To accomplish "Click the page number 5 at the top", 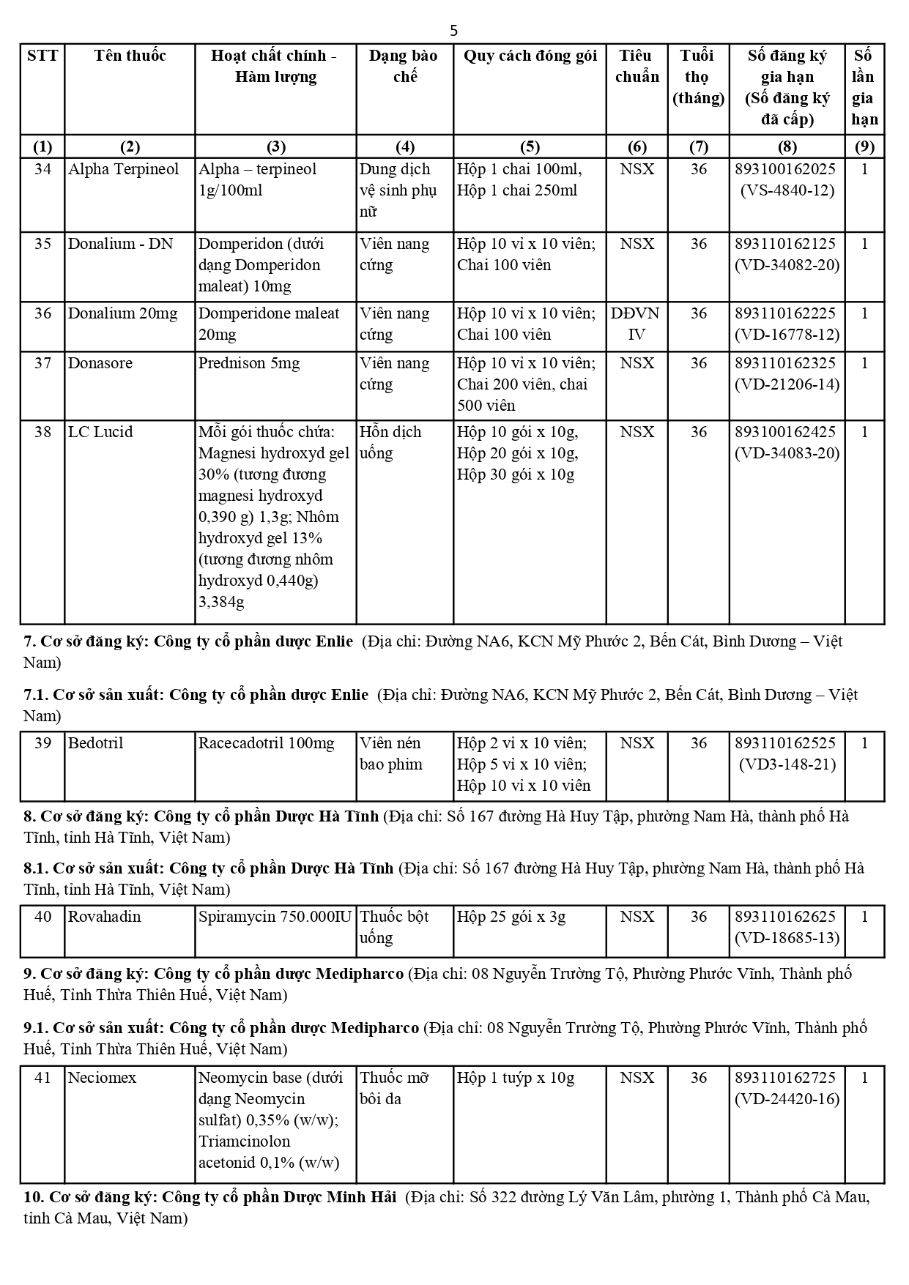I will [x=454, y=30].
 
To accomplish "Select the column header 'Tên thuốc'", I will [x=130, y=56].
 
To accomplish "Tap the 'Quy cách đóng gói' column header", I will [x=530, y=56].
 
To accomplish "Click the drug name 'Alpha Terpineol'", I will [x=123, y=169].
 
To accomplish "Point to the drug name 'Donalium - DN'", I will [x=120, y=244].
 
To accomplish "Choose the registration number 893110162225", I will [x=785, y=313].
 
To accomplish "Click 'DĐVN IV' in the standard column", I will [x=636, y=324].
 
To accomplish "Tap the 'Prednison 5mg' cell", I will [x=249, y=363].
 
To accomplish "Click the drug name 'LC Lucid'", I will [x=100, y=432].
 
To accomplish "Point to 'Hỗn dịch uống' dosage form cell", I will [x=390, y=442].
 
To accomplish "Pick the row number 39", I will [x=43, y=743].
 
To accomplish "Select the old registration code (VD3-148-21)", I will [x=787, y=764].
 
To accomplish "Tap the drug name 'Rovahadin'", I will [x=104, y=917].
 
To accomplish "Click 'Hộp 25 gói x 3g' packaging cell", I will [x=511, y=917].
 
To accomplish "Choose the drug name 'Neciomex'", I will [x=102, y=1078].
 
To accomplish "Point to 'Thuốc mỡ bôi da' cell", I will [x=394, y=1088].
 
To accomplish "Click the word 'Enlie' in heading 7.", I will [x=334, y=641].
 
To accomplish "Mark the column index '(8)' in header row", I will [x=787, y=146].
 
